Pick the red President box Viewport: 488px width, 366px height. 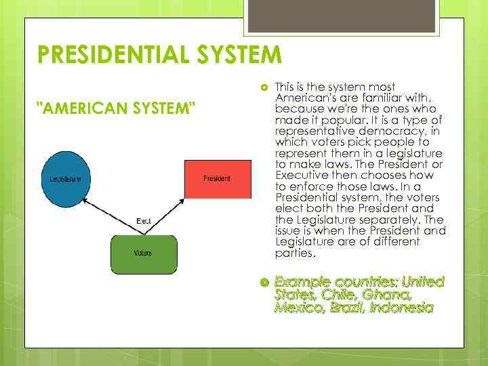217,179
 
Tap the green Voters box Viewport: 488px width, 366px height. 143,253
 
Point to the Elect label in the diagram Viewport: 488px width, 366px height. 143,221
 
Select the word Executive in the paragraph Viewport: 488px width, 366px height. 302,176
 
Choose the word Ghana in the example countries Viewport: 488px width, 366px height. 387,294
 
